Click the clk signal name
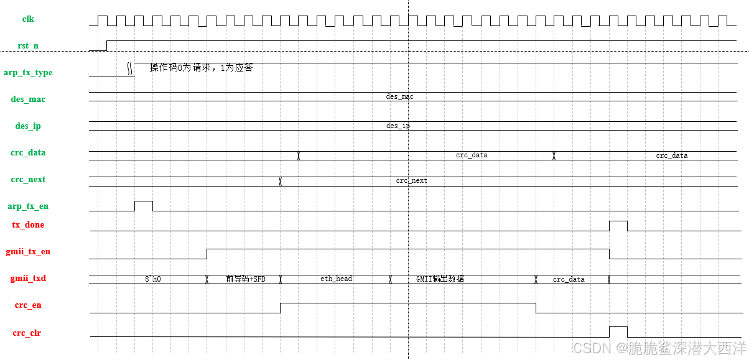point(28,19)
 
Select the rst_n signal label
point(28,46)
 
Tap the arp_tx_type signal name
point(28,73)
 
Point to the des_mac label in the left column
point(28,99)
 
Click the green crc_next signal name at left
point(28,180)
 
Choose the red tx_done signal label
point(28,225)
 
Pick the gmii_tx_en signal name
point(28,252)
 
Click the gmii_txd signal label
point(28,279)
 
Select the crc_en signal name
point(28,305)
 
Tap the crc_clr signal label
point(28,333)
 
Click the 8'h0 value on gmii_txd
point(152,280)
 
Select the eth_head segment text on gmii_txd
point(336,279)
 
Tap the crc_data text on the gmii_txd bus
point(569,280)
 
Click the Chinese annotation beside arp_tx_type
point(201,68)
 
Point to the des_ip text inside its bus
point(398,126)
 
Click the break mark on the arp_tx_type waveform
point(131,68)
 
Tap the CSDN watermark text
point(659,348)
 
